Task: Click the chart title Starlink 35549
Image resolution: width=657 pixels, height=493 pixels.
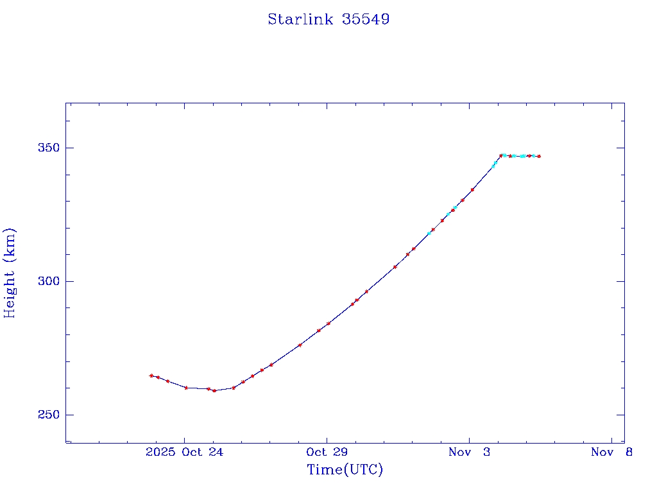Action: point(328,19)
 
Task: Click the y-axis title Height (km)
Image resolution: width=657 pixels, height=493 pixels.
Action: point(10,273)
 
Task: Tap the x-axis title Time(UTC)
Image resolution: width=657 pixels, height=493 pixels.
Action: point(345,470)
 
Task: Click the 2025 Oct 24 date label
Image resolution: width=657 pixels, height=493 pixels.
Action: point(185,453)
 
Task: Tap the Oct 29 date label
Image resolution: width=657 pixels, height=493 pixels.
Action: point(327,453)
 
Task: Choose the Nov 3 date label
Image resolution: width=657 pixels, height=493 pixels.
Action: point(469,453)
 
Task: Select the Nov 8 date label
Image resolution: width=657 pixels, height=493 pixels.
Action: point(611,453)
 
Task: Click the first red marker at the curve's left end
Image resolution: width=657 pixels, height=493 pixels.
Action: point(151,376)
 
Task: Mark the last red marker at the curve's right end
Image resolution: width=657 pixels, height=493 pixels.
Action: point(539,156)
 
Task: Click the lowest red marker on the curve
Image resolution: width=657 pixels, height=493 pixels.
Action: point(214,390)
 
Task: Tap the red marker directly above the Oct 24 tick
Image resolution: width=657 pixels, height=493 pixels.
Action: point(186,388)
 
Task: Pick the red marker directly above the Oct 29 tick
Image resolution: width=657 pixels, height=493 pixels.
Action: point(328,324)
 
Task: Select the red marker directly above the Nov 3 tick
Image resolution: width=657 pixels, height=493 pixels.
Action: point(472,189)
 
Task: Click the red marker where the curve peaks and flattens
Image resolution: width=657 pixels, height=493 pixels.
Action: point(501,155)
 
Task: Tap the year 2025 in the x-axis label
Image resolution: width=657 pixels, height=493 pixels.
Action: point(160,453)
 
